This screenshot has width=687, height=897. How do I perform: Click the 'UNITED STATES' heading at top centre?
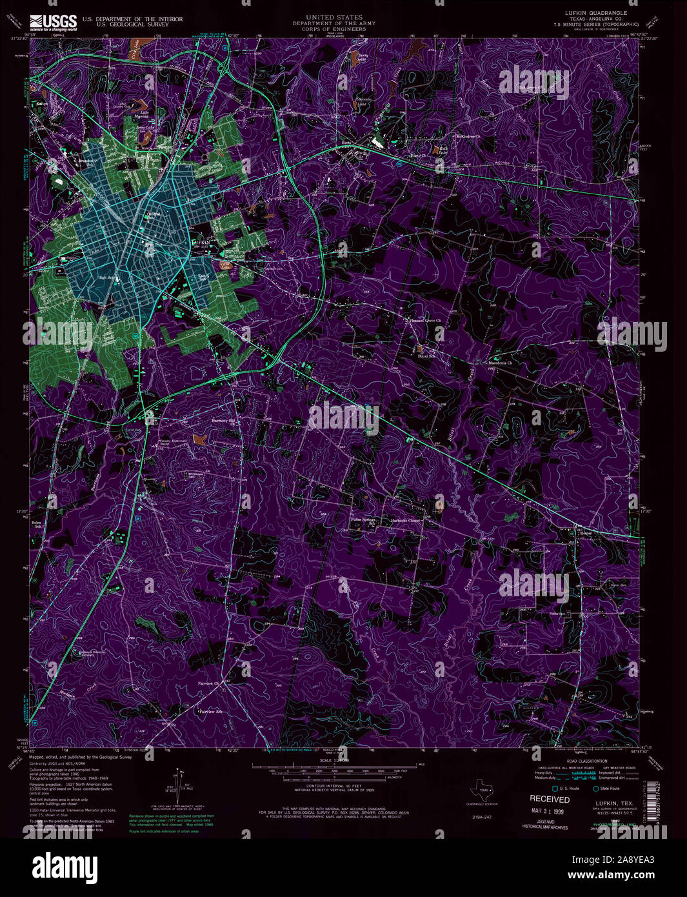334,17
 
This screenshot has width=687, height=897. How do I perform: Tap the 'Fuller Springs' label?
363,519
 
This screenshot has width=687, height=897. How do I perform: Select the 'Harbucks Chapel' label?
406,521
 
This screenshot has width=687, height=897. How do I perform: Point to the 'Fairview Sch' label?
210,712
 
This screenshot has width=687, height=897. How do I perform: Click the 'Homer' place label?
585,533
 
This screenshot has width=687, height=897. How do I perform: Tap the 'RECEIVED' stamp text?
550,799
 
